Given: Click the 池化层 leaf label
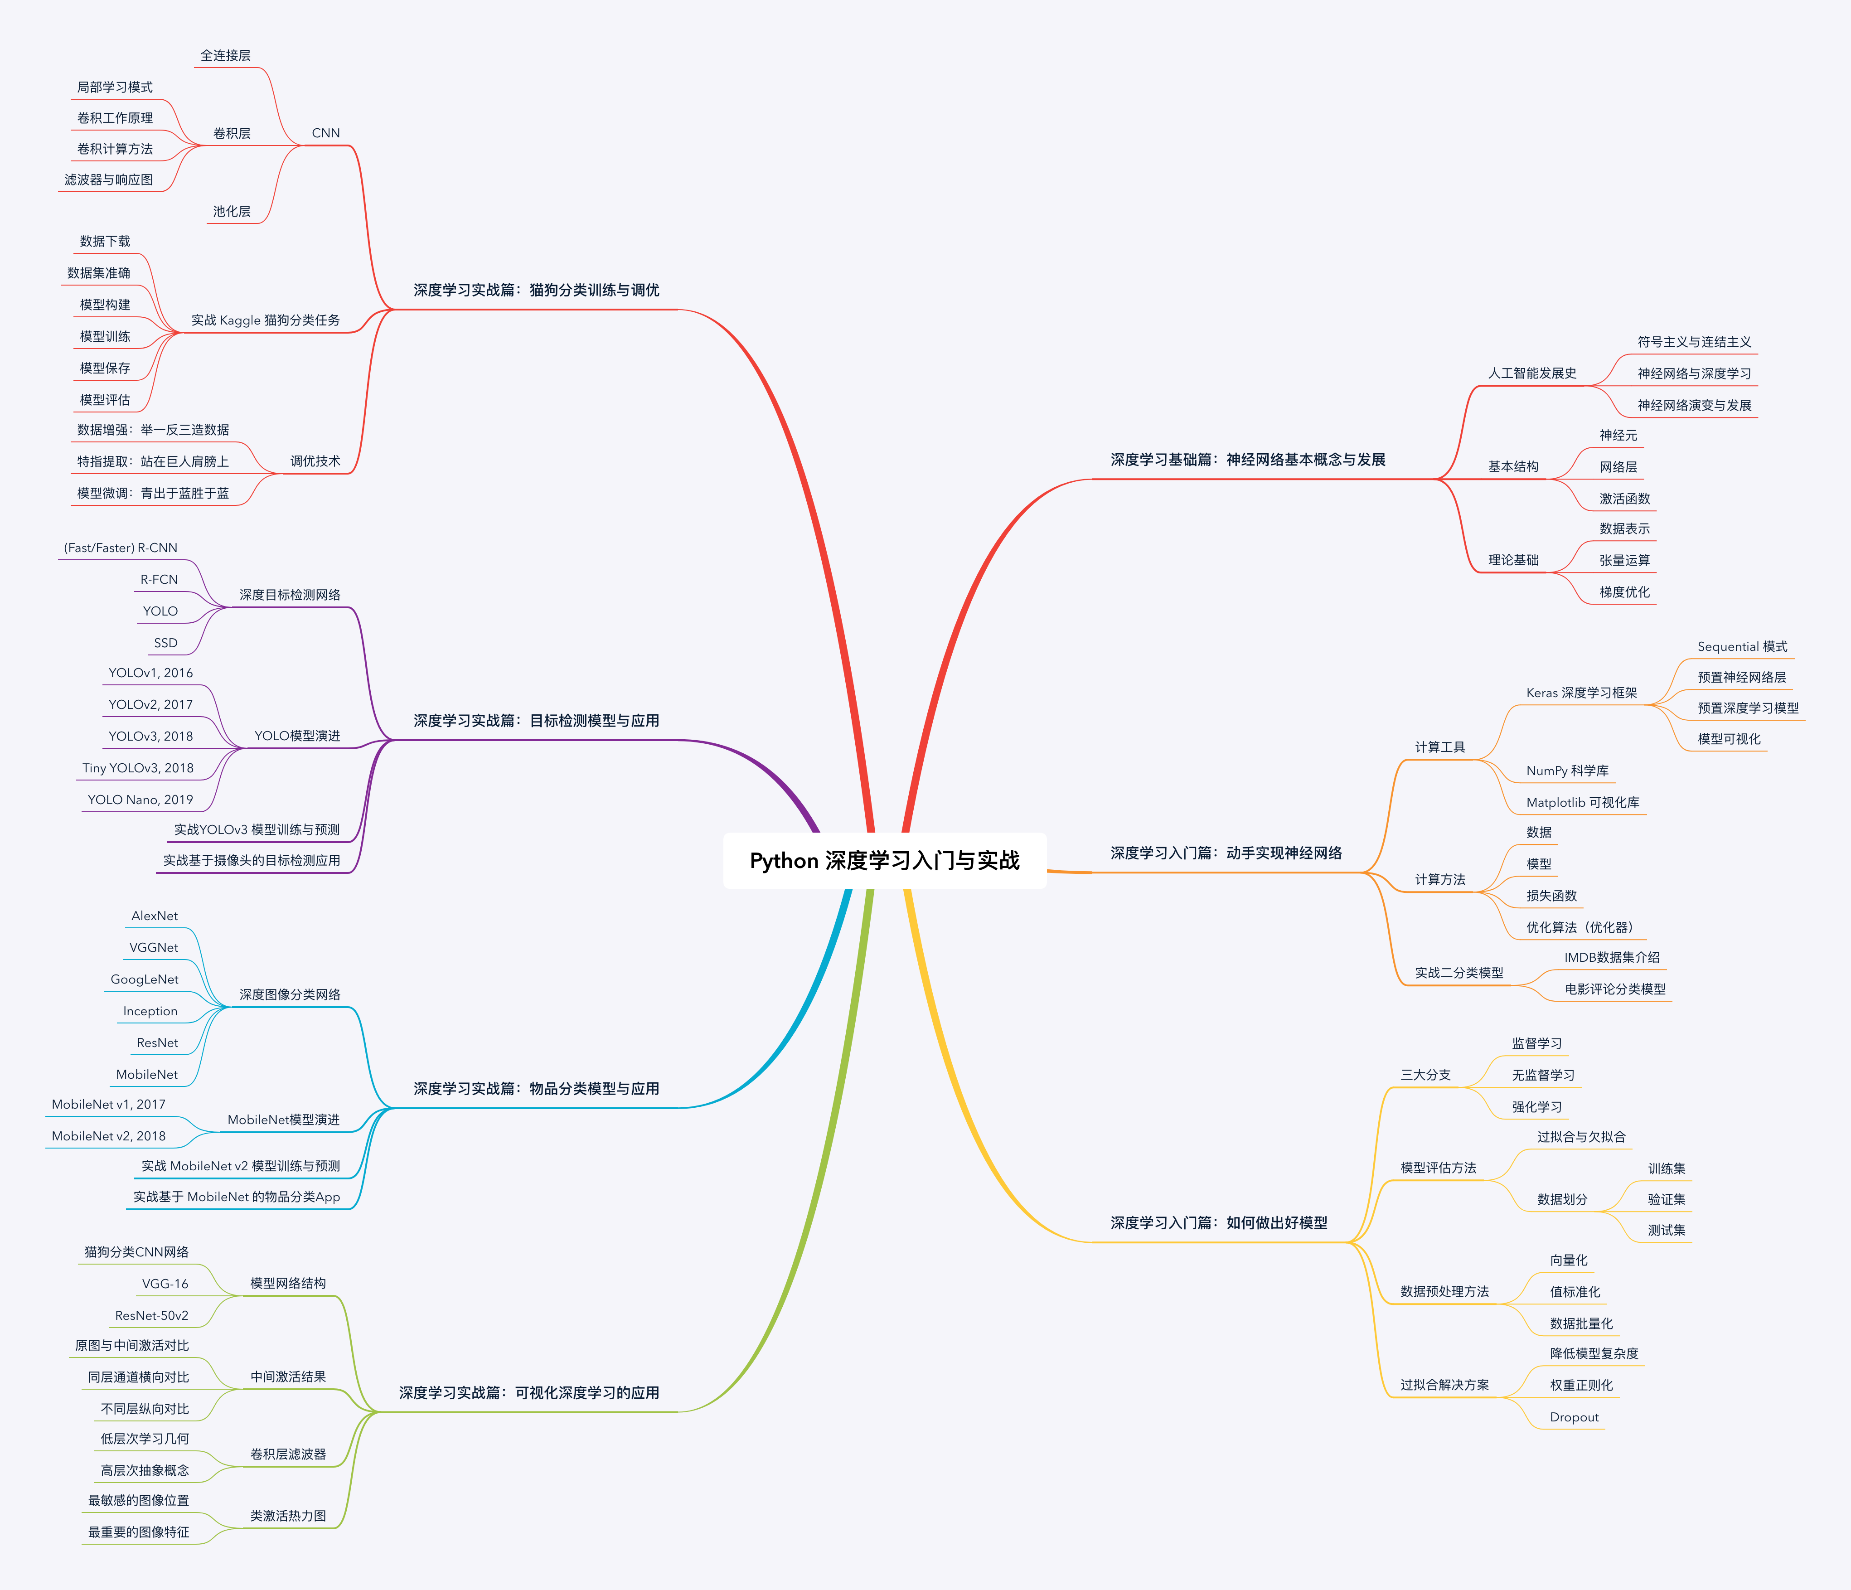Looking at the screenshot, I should pos(231,212).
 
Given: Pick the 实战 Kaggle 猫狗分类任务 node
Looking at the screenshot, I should pos(265,320).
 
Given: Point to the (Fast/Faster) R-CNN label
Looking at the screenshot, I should pos(121,548).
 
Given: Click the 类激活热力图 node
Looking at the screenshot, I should pos(288,1516).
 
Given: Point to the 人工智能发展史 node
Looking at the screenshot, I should pos(1532,373).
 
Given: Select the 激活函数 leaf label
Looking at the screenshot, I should pos(1624,499).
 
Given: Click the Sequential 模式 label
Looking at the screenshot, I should pos(1742,647).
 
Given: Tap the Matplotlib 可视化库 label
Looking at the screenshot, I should pos(1582,802).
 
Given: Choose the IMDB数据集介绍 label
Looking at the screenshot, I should pos(1612,958).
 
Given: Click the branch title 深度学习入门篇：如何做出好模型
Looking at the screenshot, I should pos(1219,1223).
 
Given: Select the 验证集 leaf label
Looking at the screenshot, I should pos(1666,1200).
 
